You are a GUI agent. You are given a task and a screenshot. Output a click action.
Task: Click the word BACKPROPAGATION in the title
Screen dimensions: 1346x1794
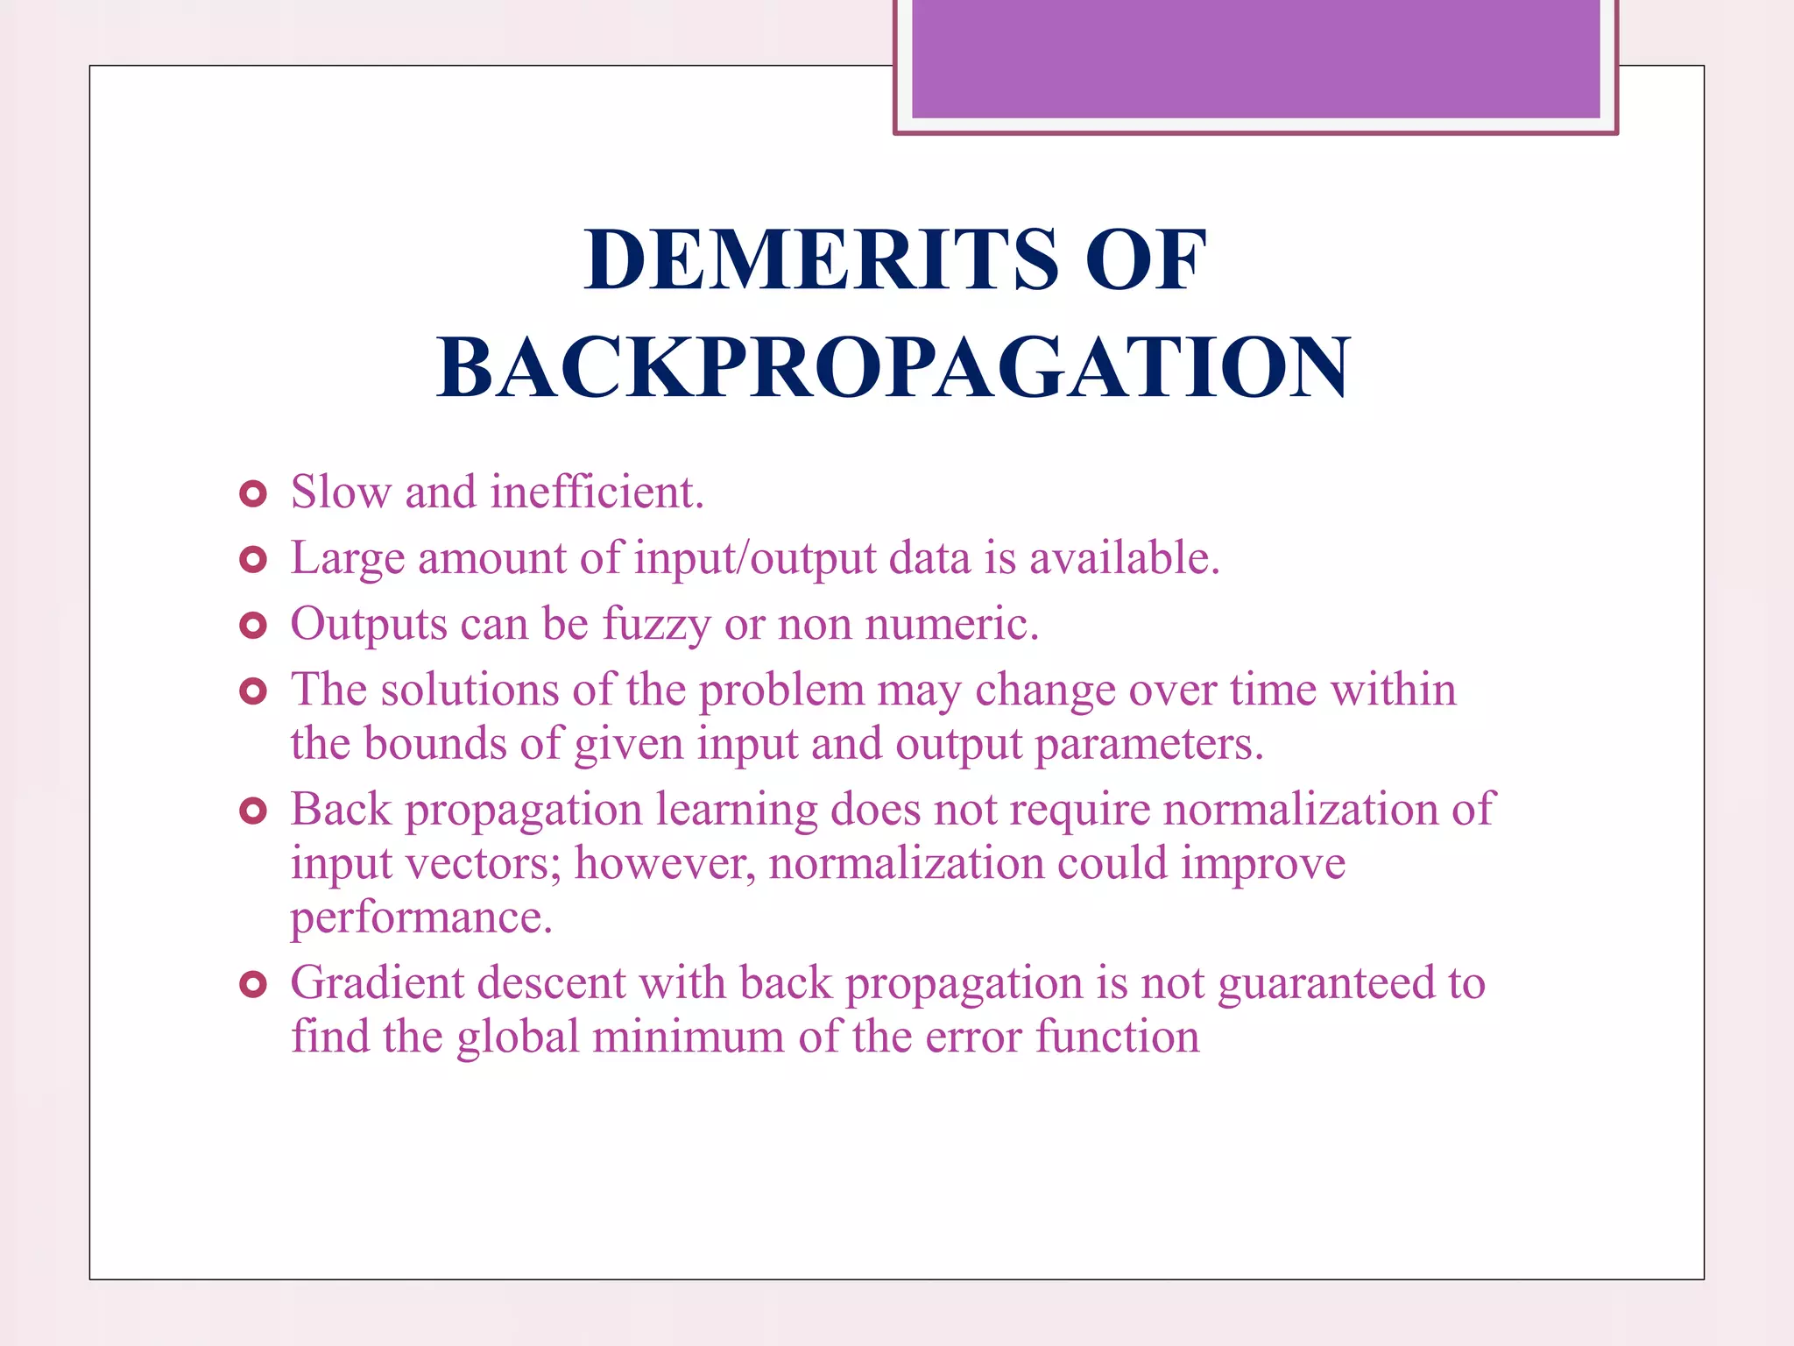coord(893,368)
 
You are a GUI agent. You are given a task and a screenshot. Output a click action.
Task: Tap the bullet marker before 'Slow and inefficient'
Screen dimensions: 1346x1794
coord(252,494)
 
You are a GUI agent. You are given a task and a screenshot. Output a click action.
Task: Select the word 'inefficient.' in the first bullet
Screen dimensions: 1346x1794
coord(597,492)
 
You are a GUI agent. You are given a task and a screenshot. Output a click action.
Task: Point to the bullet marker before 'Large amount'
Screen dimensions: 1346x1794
coord(252,560)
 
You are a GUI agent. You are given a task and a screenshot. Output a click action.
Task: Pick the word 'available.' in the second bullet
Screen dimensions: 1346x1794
coord(1124,558)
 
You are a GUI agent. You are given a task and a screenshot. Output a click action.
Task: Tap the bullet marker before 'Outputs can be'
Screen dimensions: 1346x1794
coord(252,626)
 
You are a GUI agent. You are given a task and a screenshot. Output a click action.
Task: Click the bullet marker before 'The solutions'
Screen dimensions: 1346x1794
coord(252,691)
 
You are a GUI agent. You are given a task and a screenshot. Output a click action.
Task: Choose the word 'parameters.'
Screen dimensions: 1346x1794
coord(1149,744)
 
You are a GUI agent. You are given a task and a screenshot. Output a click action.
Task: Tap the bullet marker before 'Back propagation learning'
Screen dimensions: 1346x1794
coord(252,811)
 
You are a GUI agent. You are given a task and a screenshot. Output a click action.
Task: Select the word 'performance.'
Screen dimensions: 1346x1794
coord(421,918)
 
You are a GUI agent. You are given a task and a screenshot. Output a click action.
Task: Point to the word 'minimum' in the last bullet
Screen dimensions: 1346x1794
coord(689,1037)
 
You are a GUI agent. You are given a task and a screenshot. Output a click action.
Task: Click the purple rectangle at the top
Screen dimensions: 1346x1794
coord(1255,58)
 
